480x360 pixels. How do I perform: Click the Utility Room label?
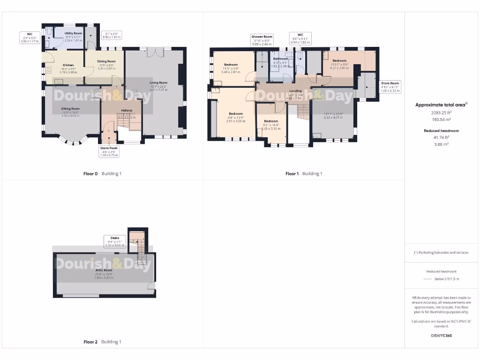point(73,34)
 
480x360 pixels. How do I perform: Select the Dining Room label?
point(106,61)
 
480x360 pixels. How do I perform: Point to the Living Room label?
point(158,83)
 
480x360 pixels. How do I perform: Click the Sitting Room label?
point(70,109)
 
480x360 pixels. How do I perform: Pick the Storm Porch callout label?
point(109,148)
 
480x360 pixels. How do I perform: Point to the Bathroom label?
point(280,59)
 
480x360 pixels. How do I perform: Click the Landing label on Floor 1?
point(295,91)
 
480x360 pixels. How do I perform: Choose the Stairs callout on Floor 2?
point(115,238)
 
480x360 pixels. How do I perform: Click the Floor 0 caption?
point(90,174)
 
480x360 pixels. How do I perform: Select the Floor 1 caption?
point(292,174)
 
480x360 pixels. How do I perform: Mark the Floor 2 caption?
point(90,342)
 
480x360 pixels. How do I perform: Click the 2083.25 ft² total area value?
point(441,113)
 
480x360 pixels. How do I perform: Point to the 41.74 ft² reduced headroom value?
point(441,137)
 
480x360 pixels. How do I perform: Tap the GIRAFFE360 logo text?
point(441,336)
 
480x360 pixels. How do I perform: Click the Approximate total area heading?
point(441,105)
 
